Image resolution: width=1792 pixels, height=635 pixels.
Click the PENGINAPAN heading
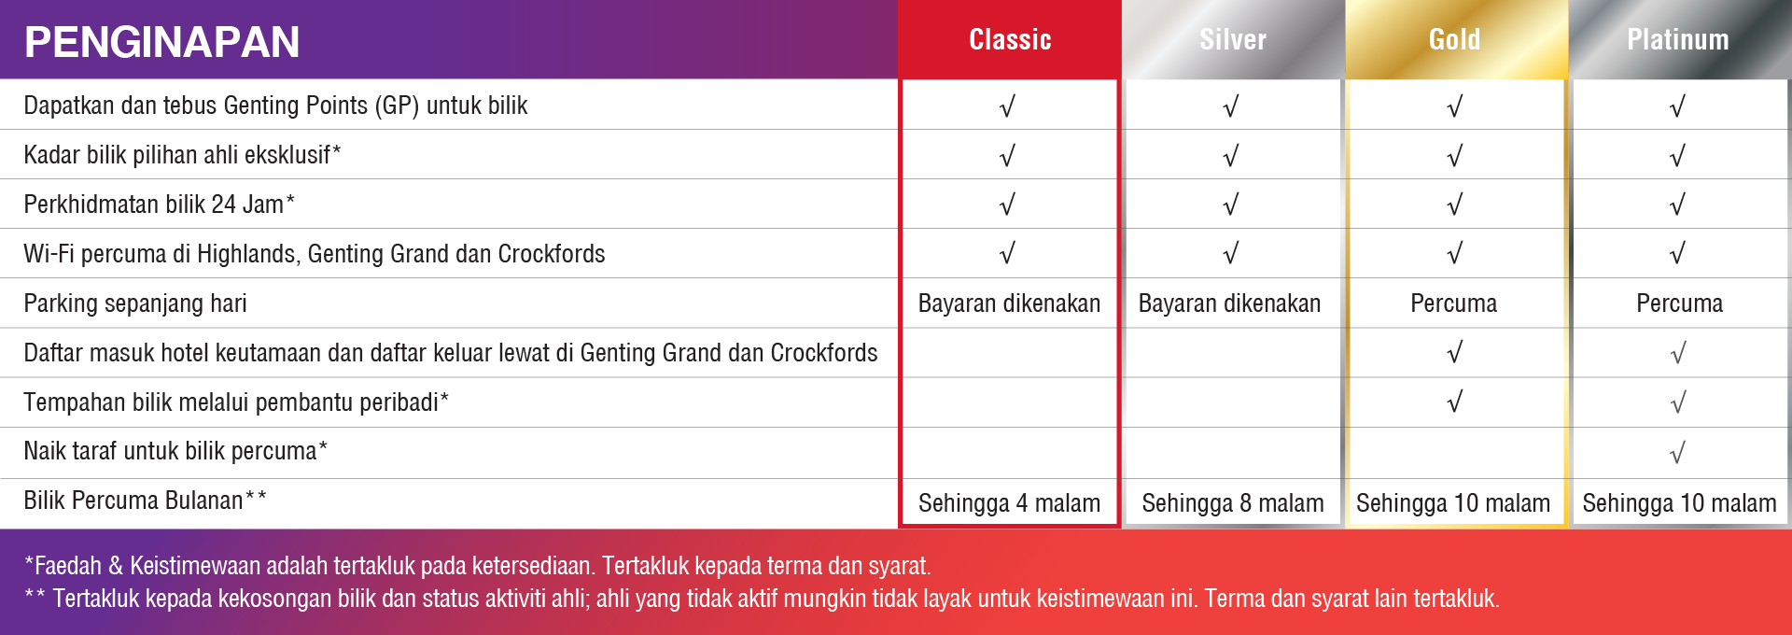[x=161, y=42]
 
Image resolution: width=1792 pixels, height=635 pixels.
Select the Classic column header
[x=1010, y=39]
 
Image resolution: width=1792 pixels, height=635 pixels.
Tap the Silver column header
[x=1233, y=39]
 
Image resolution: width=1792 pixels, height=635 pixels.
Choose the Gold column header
[x=1454, y=39]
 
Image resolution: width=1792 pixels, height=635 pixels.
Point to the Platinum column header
[x=1678, y=39]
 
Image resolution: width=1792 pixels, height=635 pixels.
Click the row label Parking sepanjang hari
[x=135, y=303]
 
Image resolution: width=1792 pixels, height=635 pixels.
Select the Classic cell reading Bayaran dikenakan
[x=1009, y=303]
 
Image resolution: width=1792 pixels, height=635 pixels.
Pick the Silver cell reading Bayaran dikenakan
[x=1229, y=303]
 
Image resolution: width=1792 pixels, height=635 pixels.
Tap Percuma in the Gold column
[x=1453, y=303]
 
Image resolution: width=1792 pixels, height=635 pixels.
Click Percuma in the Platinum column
[x=1679, y=303]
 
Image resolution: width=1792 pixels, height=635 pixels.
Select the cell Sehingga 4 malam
[x=1009, y=503]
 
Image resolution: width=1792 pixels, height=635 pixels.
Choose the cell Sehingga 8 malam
[x=1232, y=503]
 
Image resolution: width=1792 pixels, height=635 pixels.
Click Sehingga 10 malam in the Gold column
[x=1453, y=503]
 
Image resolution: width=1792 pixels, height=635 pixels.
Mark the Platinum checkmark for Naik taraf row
[x=1678, y=453]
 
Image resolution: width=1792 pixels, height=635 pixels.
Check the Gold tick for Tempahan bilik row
[x=1454, y=402]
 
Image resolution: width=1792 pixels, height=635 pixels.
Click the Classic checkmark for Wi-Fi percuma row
[x=1007, y=253]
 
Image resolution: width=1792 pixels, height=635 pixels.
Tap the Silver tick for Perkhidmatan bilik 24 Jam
[x=1231, y=205]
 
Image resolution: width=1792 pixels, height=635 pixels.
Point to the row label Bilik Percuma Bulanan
[x=145, y=501]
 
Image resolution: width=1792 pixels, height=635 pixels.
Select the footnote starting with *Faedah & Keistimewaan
[x=478, y=566]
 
